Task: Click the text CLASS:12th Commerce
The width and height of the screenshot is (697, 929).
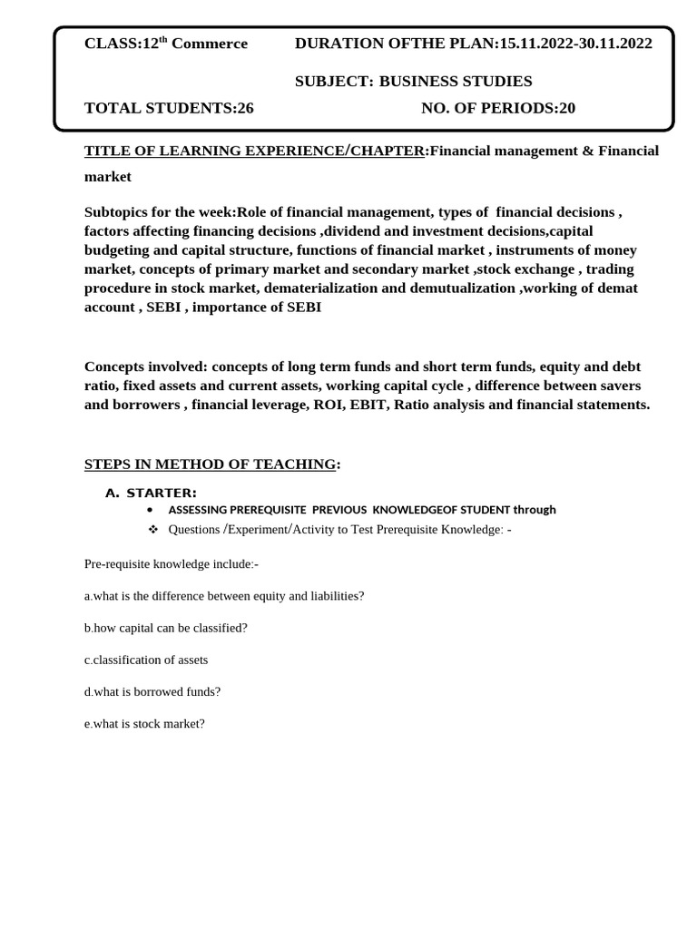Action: [x=165, y=44]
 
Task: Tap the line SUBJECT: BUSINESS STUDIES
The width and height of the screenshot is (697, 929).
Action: [x=414, y=82]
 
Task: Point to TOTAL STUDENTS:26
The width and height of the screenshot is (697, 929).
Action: [x=169, y=109]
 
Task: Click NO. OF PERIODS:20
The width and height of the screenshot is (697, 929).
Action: [x=498, y=109]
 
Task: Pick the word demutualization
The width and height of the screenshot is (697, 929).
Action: [x=466, y=288]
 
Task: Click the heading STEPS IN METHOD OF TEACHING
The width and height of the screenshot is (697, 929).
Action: [x=210, y=464]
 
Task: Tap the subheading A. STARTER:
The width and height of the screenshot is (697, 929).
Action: [x=151, y=493]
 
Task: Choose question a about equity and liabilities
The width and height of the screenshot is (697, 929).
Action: [x=224, y=596]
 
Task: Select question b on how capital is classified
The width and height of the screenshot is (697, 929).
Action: [x=165, y=628]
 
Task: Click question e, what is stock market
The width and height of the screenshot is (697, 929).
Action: [x=144, y=723]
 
